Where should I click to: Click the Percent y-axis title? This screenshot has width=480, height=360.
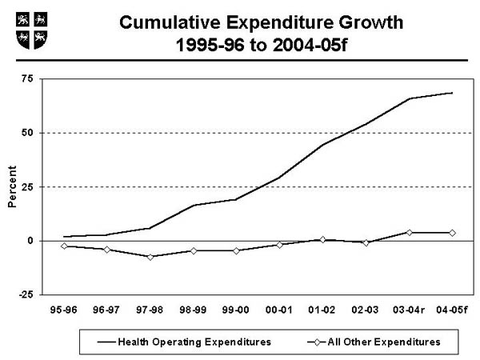pos(12,186)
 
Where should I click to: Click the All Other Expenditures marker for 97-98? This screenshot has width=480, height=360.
pos(150,257)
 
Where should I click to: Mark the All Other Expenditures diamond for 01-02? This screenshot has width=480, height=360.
pos(322,239)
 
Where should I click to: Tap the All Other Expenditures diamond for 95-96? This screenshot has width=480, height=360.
pos(63,246)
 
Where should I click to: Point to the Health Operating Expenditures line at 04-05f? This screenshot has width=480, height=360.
pos(452,93)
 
